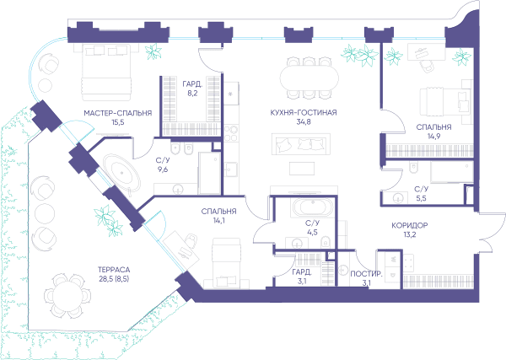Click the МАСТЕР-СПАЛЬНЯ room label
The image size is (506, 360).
[118, 113]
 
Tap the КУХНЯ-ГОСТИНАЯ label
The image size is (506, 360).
[304, 113]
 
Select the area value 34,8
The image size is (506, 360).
[304, 122]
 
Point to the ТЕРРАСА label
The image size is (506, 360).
[114, 270]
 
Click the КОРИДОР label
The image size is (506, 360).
[410, 225]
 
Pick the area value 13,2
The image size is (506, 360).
[410, 234]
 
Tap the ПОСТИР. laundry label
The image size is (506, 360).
[366, 274]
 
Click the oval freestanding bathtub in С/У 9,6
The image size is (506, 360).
[121, 173]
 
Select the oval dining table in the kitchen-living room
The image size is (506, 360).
[310, 78]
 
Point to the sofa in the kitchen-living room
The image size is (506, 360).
[301, 144]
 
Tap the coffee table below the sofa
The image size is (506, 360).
[302, 169]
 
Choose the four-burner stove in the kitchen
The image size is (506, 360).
[231, 133]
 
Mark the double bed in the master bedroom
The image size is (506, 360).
[107, 73]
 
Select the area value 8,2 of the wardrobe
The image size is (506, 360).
[191, 94]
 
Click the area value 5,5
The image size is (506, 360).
[421, 198]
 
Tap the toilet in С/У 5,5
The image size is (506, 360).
[413, 168]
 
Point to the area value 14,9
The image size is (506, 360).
[434, 136]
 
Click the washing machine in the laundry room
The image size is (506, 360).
[343, 270]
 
